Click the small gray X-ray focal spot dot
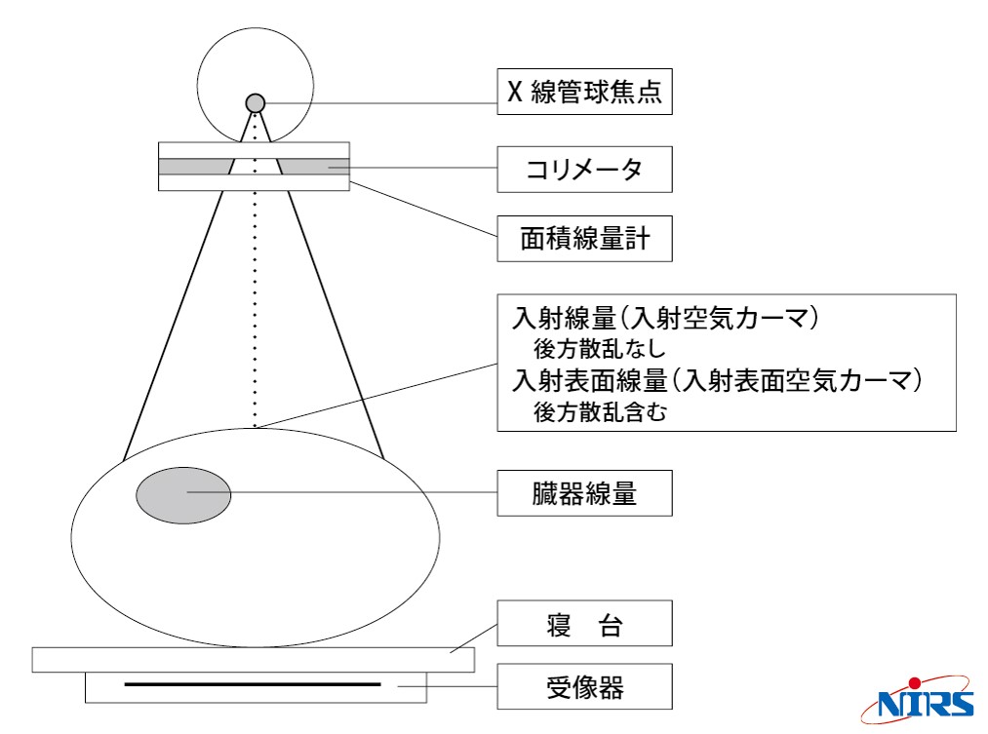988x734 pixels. (x=256, y=103)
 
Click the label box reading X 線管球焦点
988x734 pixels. (x=585, y=92)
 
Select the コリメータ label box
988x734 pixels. (x=585, y=170)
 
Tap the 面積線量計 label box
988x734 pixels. (x=585, y=239)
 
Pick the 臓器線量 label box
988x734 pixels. (x=585, y=493)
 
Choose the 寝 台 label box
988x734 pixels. (x=585, y=623)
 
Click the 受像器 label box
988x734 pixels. (x=585, y=686)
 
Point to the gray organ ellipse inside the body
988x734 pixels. (x=183, y=495)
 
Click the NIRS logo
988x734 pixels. (x=918, y=700)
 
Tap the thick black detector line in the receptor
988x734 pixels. (x=253, y=684)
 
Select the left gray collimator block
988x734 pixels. (x=195, y=167)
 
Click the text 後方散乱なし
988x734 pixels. (x=599, y=348)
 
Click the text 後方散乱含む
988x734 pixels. (x=600, y=412)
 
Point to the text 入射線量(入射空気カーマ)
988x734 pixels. (x=666, y=318)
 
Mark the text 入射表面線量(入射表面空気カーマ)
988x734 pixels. (x=718, y=381)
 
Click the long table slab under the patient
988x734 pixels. (x=254, y=660)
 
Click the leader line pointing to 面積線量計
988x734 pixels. (x=423, y=209)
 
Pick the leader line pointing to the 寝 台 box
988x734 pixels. (x=474, y=638)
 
